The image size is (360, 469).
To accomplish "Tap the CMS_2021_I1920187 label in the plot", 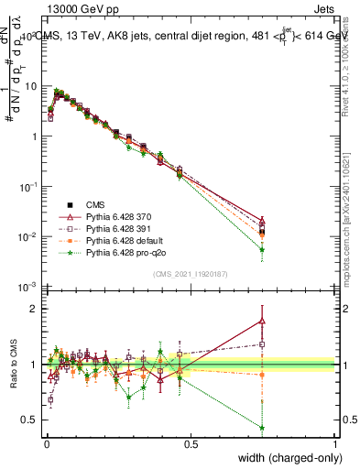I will coord(191,273).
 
